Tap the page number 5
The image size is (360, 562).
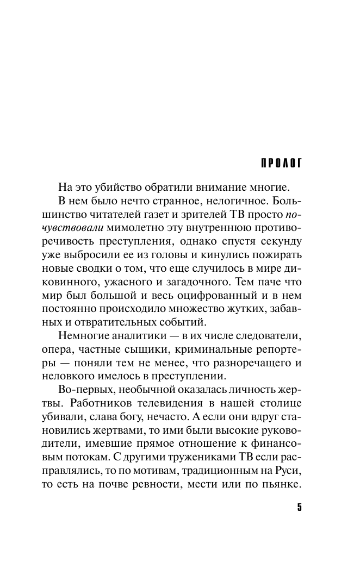click(x=299, y=507)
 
